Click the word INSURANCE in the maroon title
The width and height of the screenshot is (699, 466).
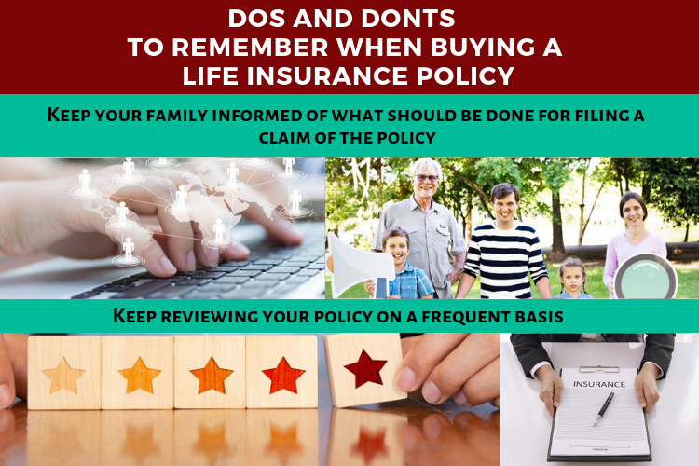point(328,75)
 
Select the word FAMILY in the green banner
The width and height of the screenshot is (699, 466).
point(176,116)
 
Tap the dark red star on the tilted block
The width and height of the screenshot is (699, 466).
point(365,369)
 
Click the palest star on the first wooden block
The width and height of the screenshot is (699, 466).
point(63,376)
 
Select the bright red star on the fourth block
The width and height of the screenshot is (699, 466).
point(283,376)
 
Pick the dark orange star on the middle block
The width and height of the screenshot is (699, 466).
point(212,376)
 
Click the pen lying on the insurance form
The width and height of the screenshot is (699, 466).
point(604,409)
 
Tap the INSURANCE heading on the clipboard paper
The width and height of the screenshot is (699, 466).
point(598,384)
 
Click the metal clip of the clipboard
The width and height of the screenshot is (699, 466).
point(598,369)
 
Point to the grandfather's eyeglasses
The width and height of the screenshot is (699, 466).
point(427,178)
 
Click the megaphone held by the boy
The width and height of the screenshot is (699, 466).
point(360,266)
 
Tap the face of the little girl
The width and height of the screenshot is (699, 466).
point(572,277)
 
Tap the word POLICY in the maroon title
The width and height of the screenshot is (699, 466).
point(465,75)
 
